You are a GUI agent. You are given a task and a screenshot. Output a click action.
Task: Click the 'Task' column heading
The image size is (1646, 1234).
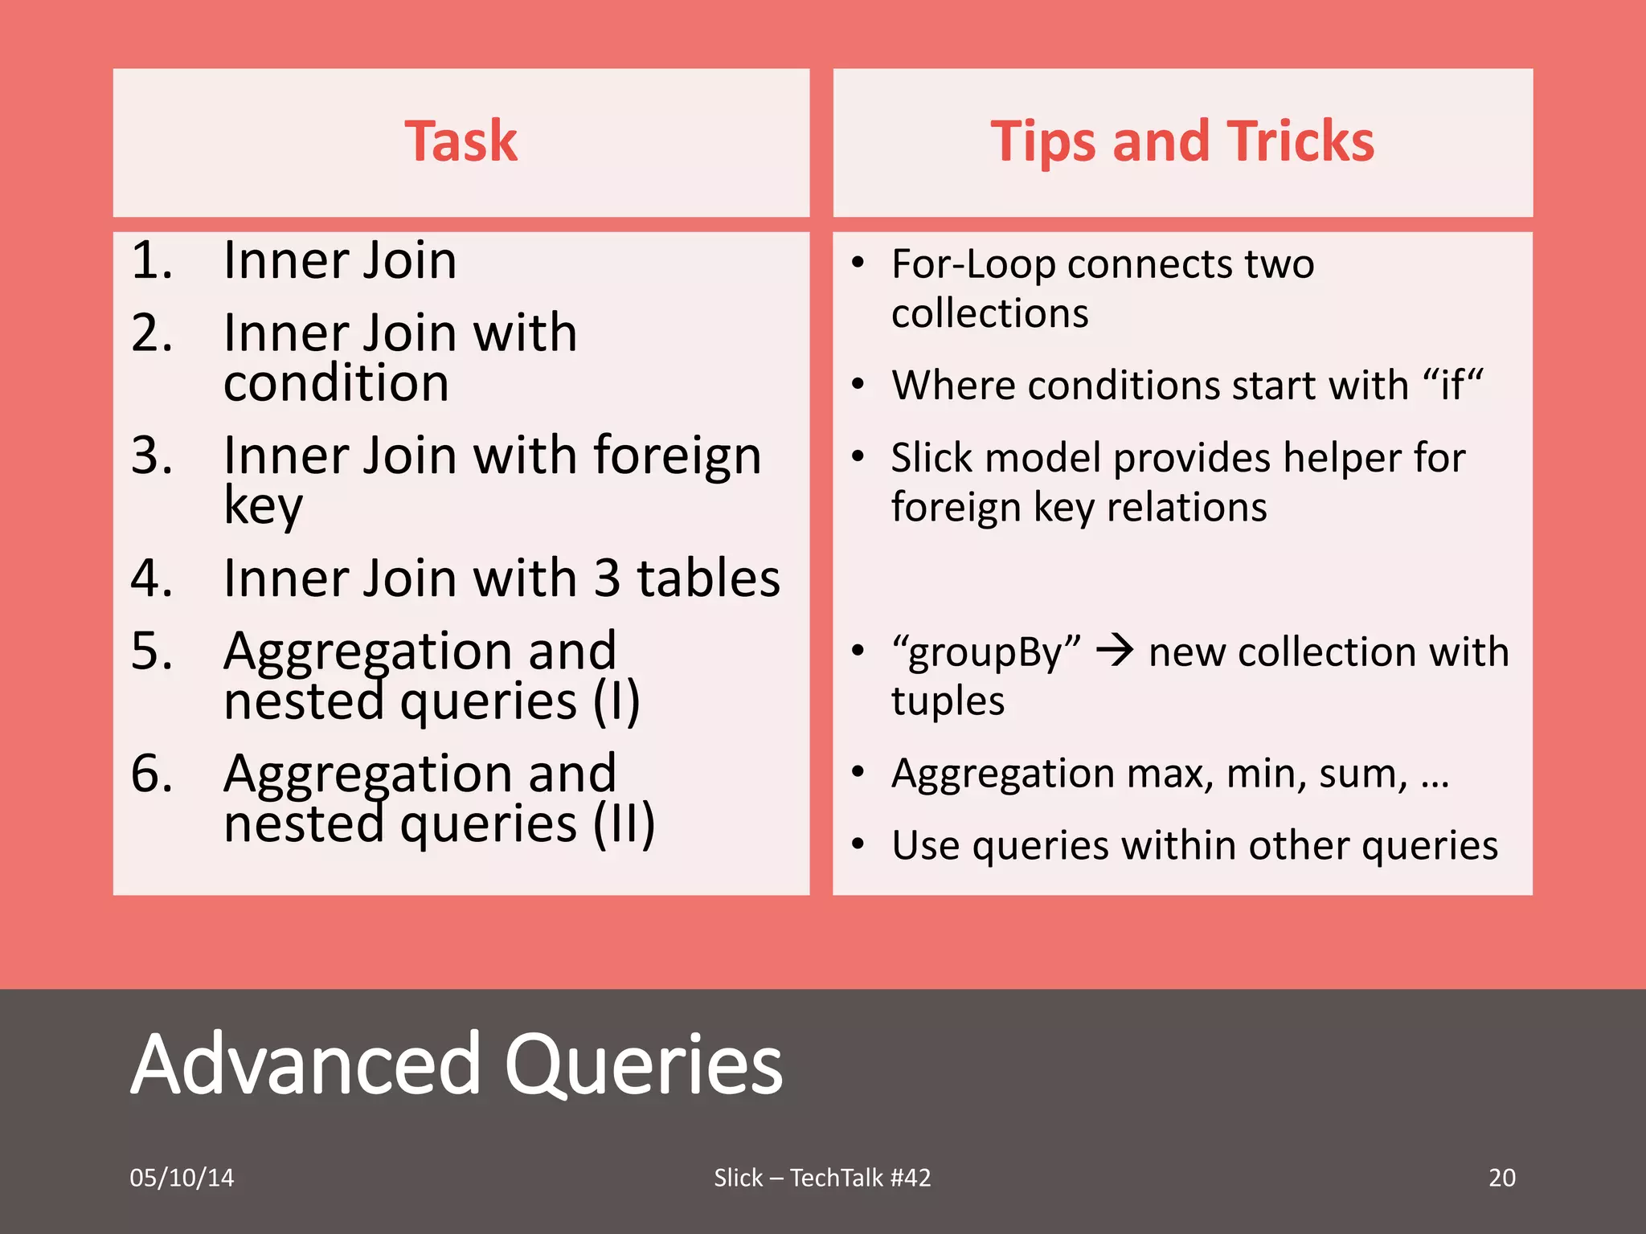[461, 141]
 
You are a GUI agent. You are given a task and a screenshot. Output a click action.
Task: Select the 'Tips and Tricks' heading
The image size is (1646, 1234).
[1182, 141]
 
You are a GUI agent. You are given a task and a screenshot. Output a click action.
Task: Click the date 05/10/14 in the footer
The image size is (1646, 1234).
[182, 1178]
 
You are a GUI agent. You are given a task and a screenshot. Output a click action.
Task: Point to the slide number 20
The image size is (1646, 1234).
[1501, 1178]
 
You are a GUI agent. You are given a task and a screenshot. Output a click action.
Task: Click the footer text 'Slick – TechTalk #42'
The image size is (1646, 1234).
[822, 1178]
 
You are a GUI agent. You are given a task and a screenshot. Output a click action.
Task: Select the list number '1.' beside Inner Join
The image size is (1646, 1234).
[152, 260]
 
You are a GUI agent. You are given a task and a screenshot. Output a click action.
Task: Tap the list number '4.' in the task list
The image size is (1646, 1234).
[152, 578]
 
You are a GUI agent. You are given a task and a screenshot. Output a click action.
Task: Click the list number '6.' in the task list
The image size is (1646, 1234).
[152, 774]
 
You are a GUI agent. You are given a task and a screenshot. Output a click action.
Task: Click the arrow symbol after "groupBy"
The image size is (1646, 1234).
[1115, 650]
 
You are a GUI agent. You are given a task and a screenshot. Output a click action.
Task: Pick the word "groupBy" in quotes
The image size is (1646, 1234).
[986, 652]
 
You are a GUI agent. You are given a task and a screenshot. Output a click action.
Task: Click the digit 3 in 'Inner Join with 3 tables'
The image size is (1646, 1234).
[607, 578]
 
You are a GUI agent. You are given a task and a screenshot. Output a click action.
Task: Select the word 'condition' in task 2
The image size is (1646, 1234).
[336, 383]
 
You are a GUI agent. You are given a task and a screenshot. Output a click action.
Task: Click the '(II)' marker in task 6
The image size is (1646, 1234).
[624, 824]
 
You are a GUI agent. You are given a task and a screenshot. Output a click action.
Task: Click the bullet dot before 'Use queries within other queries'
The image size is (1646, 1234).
[858, 844]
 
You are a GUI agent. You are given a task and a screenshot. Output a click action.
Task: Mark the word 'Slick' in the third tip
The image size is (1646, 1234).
[932, 458]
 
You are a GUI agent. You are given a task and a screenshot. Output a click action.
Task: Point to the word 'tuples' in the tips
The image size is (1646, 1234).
[948, 701]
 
